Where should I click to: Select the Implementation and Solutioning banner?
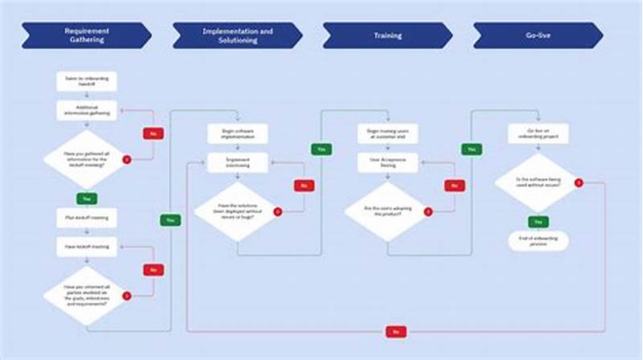[x=236, y=35]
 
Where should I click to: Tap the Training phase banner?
[x=387, y=35]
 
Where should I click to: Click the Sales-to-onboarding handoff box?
[x=87, y=81]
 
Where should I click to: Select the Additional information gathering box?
[x=87, y=110]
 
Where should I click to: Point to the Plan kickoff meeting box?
[x=87, y=218]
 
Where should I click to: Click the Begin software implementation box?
[x=237, y=133]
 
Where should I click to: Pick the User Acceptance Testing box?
[x=387, y=162]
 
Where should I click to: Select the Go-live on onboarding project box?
[x=538, y=133]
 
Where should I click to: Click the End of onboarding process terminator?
[x=538, y=240]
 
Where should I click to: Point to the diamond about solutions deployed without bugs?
[x=237, y=212]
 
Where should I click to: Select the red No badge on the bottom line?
[x=395, y=331]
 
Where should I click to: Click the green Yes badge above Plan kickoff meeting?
[x=87, y=197]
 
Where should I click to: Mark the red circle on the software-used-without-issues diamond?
[x=578, y=183]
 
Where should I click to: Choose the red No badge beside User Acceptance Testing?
[x=456, y=185]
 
